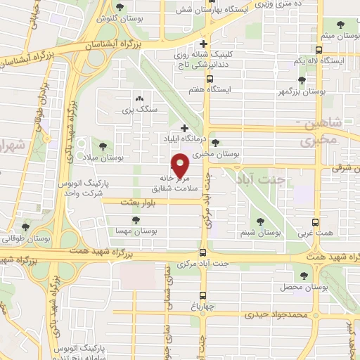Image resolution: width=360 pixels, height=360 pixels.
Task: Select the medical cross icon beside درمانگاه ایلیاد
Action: pyautogui.click(x=184, y=129)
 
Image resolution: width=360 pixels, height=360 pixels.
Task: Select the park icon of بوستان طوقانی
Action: pyautogui.click(x=26, y=226)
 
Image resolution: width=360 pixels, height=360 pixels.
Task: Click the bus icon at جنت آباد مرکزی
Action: pyautogui.click(x=202, y=252)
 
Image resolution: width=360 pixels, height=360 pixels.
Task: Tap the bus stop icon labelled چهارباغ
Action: pyautogui.click(x=202, y=295)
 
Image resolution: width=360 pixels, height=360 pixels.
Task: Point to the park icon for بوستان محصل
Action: pyautogui.click(x=304, y=276)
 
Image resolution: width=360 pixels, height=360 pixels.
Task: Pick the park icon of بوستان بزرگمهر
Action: pyautogui.click(x=302, y=80)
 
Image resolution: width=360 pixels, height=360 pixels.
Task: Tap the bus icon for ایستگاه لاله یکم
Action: pyautogui.click(x=320, y=51)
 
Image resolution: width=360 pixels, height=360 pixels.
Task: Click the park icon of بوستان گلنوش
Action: pyautogui.click(x=120, y=8)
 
